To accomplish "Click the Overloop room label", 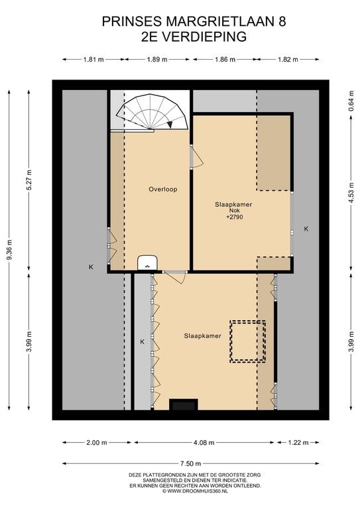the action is [163, 190].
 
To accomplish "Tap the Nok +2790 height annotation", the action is [233, 214].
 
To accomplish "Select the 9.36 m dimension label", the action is [10, 249].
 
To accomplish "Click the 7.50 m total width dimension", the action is [190, 463].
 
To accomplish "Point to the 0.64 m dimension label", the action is [351, 101].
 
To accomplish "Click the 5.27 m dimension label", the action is [29, 180].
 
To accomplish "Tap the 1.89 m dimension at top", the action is [157, 60].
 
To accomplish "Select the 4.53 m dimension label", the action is [351, 192].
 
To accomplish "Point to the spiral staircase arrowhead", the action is [170, 125].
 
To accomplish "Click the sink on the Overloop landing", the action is [147, 262].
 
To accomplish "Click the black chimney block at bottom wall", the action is [184, 404].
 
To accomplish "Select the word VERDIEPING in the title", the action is [204, 36].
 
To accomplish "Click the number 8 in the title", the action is [282, 21].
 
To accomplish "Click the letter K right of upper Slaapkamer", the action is [306, 229].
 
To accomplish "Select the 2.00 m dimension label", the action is [97, 443].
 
